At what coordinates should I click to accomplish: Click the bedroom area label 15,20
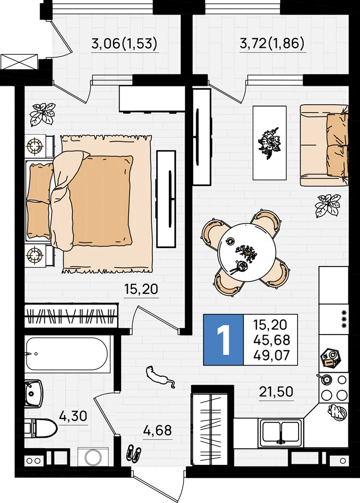click(141, 289)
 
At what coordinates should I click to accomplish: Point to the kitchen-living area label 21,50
click(276, 392)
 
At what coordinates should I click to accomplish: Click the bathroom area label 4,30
click(73, 416)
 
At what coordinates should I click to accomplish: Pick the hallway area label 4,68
click(157, 430)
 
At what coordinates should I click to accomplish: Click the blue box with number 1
click(223, 340)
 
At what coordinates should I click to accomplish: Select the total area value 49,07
click(272, 355)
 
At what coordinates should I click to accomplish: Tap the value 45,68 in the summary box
click(272, 340)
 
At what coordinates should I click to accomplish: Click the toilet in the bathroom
click(41, 428)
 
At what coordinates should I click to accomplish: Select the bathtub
click(67, 354)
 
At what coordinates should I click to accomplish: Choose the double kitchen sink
click(281, 433)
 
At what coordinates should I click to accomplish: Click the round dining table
click(247, 253)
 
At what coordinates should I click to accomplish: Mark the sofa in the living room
click(324, 145)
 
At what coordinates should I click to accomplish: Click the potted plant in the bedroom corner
click(43, 115)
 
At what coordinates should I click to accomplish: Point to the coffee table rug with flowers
click(269, 143)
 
